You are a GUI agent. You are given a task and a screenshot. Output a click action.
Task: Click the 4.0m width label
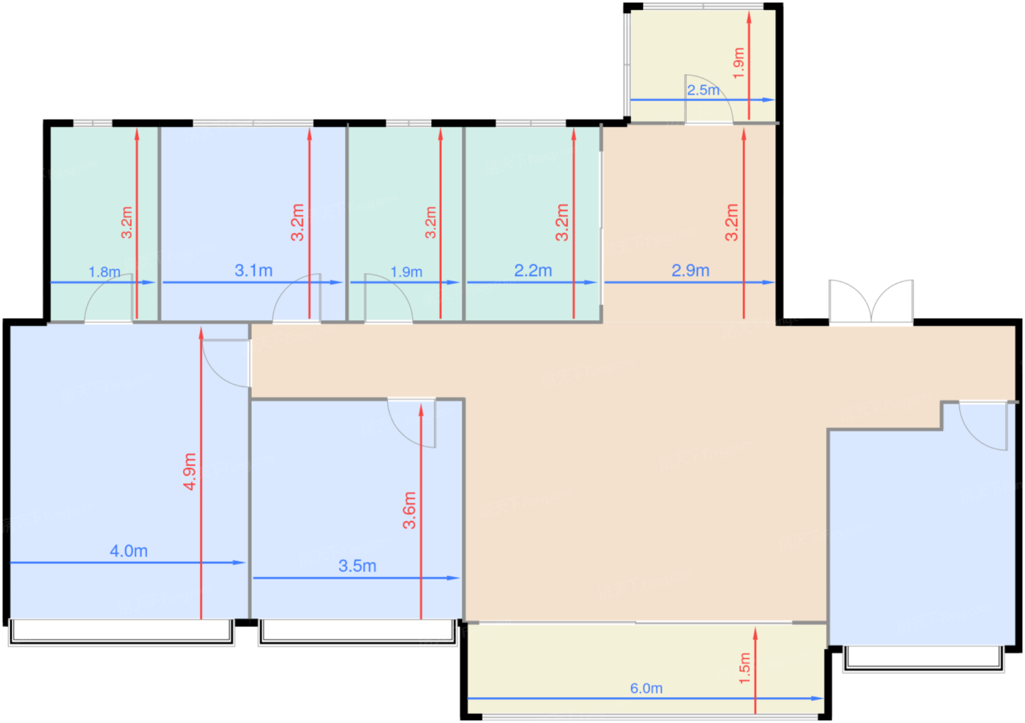[x=129, y=551]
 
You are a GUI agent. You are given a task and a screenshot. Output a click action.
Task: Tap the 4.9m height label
[x=190, y=471]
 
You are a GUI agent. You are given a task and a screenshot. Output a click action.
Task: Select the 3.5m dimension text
[x=357, y=566]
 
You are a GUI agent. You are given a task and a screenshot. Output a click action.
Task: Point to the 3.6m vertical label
[x=409, y=510]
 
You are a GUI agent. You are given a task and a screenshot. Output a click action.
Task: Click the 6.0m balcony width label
[x=646, y=689]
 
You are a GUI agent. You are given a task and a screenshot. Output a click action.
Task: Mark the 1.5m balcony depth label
[x=745, y=668]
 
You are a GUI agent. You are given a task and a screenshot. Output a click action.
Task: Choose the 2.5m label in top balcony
[x=703, y=90]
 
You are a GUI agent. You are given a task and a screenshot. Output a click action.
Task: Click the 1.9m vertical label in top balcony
[x=738, y=63]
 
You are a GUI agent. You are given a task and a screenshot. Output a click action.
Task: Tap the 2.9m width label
[x=690, y=270]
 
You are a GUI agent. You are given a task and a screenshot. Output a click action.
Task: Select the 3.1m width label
[x=253, y=270]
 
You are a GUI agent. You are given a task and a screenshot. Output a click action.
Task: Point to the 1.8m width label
[x=104, y=272]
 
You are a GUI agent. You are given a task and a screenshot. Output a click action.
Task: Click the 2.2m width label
[x=533, y=270]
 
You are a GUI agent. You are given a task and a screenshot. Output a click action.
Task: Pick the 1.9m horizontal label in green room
[x=406, y=272]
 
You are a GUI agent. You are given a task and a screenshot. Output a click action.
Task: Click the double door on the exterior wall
[x=871, y=301]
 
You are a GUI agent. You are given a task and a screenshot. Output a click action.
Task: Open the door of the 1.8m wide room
[x=109, y=300]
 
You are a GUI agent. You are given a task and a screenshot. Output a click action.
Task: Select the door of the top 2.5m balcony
[x=708, y=99]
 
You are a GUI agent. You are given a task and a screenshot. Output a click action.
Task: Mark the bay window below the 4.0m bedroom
[x=122, y=632]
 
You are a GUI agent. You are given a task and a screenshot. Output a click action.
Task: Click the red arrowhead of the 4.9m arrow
[x=201, y=334]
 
